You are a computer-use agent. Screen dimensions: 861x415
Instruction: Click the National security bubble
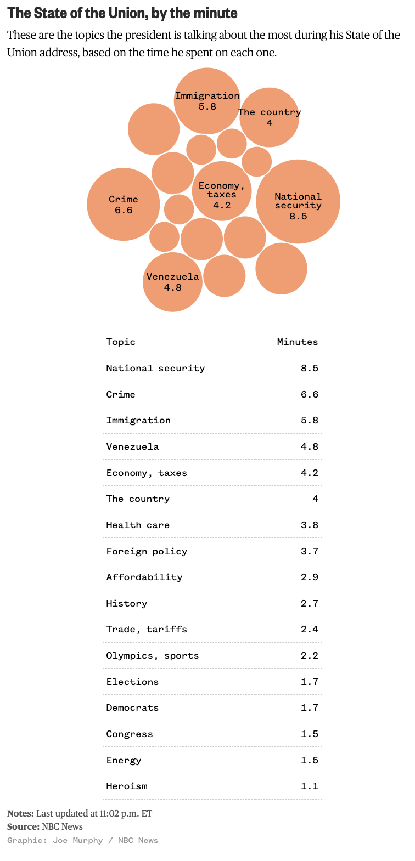point(298,202)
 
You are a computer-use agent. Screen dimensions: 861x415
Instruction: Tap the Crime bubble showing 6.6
point(124,204)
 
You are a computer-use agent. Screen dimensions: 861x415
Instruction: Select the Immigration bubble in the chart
point(207,101)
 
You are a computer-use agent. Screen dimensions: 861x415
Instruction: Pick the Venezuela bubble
point(172,282)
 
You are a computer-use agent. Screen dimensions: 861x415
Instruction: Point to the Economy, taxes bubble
point(222,191)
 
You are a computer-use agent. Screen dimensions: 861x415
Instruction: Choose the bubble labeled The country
point(269,117)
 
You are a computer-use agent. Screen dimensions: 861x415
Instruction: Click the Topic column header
point(121,342)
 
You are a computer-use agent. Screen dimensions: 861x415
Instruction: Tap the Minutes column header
point(297,342)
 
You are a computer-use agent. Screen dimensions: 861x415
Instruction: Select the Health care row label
point(138,525)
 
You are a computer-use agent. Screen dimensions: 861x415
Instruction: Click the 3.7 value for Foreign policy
point(309,551)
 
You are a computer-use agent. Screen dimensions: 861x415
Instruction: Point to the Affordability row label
point(144,577)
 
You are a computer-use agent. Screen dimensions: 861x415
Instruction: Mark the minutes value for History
point(309,603)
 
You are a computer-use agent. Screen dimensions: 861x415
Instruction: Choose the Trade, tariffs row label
point(147,629)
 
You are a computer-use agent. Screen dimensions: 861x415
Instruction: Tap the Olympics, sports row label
point(153,655)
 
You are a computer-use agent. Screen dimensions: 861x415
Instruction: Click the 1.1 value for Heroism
point(309,786)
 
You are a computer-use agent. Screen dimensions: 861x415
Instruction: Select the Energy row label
point(124,760)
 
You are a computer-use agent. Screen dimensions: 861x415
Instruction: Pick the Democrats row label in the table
point(132,707)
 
